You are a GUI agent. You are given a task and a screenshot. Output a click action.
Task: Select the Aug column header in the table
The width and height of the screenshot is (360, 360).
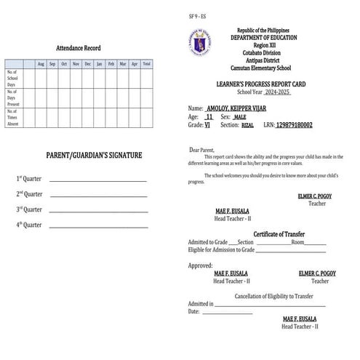[41, 64]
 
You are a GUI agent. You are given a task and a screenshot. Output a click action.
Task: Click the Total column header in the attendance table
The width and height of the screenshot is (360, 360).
[146, 64]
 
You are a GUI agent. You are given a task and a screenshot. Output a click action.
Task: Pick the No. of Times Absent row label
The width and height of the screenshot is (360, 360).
[14, 118]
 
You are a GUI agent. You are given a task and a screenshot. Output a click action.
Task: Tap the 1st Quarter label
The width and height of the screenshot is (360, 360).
[29, 179]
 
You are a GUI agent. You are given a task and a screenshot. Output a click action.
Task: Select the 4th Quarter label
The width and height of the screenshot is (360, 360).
[29, 225]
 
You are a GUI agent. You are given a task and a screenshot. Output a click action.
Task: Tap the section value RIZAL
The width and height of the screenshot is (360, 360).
[247, 125]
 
